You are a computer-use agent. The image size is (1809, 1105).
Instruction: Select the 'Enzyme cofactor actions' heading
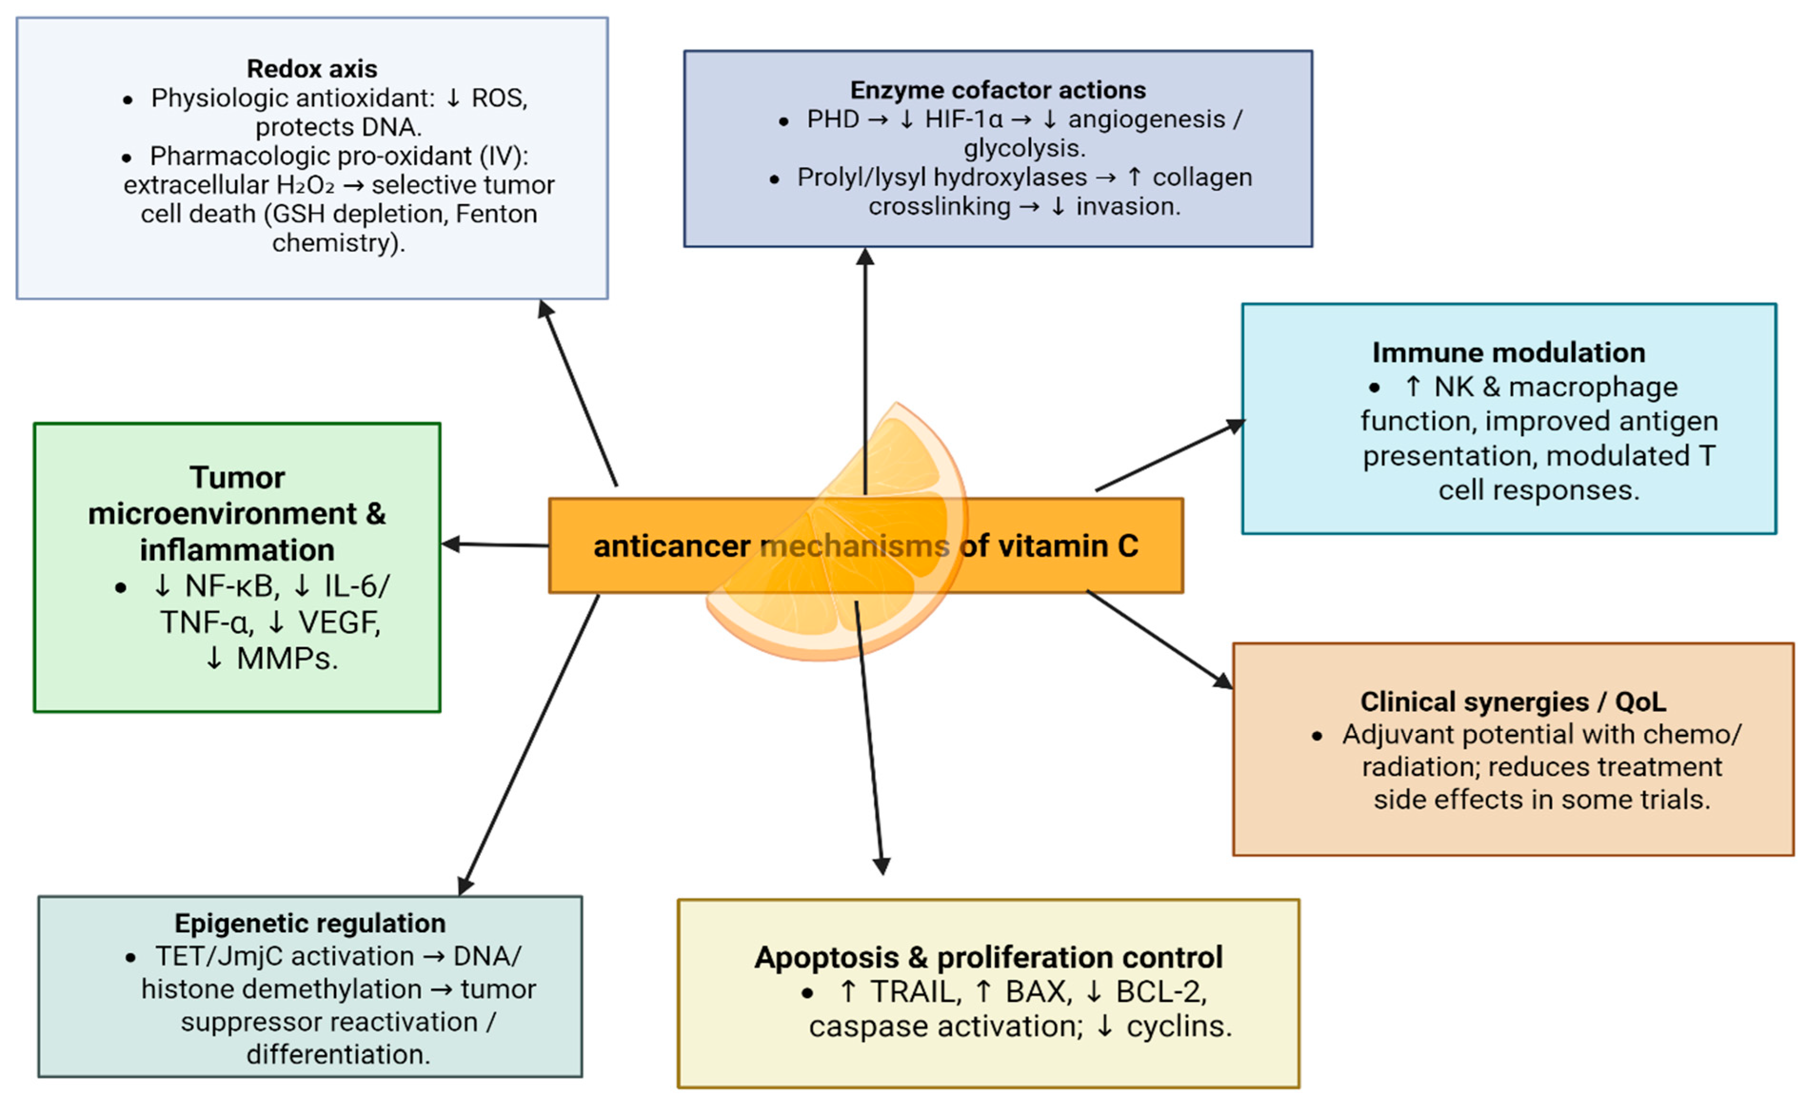(x=998, y=90)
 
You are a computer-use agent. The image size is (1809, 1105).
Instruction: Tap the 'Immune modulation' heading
(x=1508, y=353)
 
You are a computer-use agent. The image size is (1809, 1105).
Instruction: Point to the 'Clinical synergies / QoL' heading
(x=1512, y=702)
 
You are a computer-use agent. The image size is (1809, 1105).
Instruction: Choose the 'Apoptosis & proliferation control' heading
(x=988, y=957)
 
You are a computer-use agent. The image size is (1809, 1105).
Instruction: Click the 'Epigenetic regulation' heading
(x=310, y=923)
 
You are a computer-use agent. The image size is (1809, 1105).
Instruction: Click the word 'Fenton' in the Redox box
(x=496, y=214)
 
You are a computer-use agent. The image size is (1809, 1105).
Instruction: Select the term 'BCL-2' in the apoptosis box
(x=1161, y=992)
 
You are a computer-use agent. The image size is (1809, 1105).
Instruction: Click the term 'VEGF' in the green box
(x=339, y=622)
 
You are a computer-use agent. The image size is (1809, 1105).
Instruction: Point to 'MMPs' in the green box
(x=287, y=659)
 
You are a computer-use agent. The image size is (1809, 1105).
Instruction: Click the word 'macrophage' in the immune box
(x=1592, y=387)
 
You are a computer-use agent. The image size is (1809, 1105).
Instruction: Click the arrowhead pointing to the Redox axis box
(x=545, y=308)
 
